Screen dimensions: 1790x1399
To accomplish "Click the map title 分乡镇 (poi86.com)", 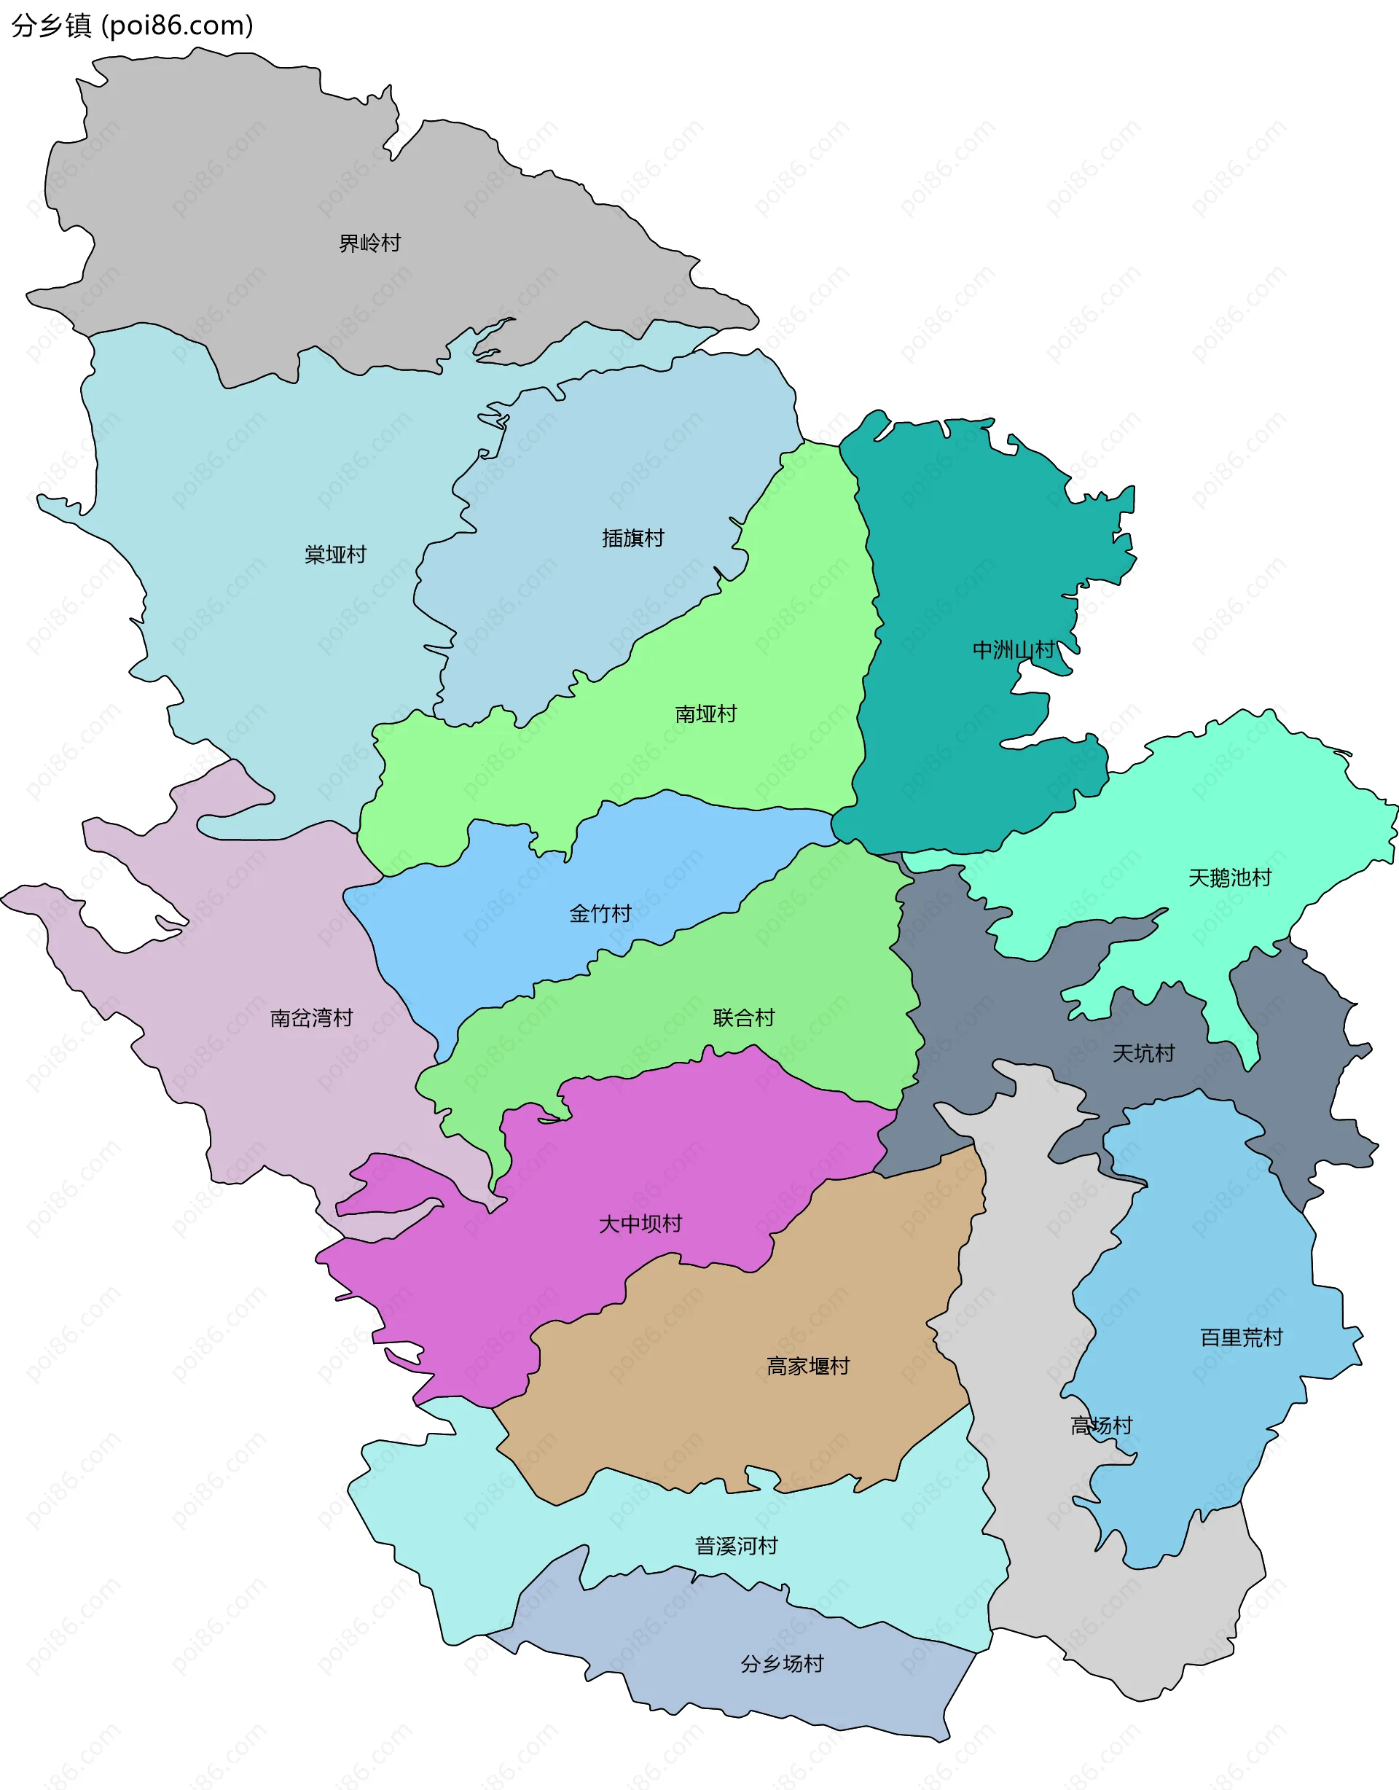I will tap(132, 26).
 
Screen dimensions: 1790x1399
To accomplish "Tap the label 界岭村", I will tap(369, 243).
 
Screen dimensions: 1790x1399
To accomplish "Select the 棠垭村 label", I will tap(335, 555).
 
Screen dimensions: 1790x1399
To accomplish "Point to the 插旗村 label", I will tap(632, 539).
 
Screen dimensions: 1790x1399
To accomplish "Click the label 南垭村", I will tap(705, 714).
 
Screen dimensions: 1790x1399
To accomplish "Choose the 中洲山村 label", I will tap(1013, 650).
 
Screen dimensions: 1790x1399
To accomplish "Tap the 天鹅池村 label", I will tap(1229, 878).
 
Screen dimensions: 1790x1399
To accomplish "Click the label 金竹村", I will tap(600, 914).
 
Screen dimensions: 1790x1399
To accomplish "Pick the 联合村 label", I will tap(743, 1018).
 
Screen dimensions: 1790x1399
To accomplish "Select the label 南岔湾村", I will tap(311, 1018).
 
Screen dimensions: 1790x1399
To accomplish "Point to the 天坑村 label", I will tap(1143, 1053).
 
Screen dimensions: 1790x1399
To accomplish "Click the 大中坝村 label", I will tap(640, 1224).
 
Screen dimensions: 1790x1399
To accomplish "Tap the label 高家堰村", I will tap(808, 1367).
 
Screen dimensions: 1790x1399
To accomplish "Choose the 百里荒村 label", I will tap(1241, 1337).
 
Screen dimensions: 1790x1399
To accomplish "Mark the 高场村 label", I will tap(1102, 1426).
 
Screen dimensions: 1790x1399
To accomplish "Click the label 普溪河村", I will tap(736, 1546).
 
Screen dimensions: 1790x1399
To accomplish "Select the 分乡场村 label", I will tap(782, 1664).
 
